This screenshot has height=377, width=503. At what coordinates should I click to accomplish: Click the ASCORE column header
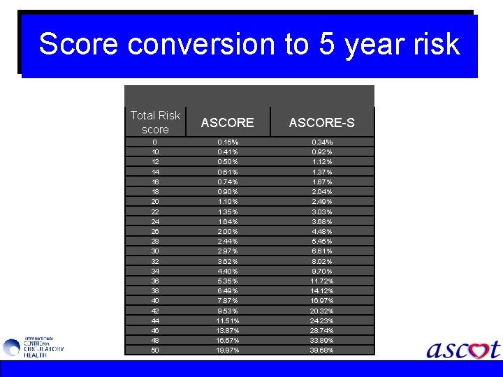(227, 123)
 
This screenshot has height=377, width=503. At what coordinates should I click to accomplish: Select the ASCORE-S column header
(321, 123)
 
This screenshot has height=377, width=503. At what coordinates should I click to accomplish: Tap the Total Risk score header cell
(155, 122)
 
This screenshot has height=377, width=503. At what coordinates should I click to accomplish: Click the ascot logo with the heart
(463, 349)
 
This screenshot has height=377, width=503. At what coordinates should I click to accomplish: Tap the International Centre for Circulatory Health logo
(33, 347)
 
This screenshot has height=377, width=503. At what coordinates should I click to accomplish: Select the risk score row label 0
(154, 142)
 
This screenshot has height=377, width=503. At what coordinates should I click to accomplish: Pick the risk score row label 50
(154, 350)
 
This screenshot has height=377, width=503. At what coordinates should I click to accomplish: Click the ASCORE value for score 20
(228, 202)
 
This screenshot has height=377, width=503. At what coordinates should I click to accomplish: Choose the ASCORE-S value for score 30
(321, 251)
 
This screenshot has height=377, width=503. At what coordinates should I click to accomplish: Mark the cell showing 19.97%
(228, 350)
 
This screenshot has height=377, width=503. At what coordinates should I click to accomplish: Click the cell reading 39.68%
(321, 350)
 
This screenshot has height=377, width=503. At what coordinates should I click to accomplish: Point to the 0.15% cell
(228, 142)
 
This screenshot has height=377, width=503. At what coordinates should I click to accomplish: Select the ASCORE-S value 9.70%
(321, 271)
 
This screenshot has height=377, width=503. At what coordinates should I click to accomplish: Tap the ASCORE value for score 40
(228, 301)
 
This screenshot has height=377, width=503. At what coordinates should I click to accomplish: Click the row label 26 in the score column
(154, 231)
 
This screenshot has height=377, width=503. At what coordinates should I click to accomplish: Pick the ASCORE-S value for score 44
(321, 320)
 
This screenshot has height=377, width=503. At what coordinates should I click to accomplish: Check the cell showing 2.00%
(228, 231)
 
